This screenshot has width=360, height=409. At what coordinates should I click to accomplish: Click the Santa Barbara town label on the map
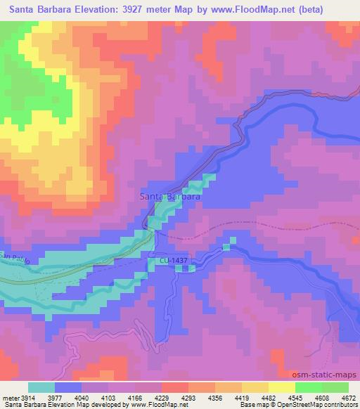172,197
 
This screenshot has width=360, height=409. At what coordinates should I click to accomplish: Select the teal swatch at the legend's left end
41,387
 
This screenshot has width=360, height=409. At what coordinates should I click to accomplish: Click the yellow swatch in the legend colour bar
281,387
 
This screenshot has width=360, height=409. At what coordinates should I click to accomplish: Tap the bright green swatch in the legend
308,387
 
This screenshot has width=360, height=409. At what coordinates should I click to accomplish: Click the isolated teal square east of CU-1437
226,246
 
